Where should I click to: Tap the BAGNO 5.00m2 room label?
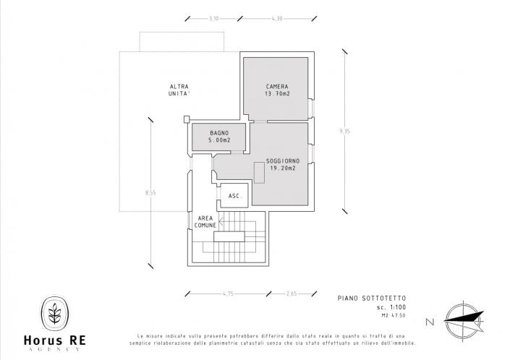coord(219,137)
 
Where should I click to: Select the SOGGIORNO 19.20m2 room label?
coord(283,163)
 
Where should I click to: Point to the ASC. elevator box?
coord(234,196)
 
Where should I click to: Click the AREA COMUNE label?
coord(205,221)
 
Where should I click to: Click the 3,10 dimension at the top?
coord(213,18)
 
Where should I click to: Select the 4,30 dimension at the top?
coord(277,18)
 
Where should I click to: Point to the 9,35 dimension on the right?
coord(345,131)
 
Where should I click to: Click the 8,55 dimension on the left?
coord(150,192)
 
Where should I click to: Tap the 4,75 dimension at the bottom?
coord(229,293)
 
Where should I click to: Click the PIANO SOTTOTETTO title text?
coord(366,298)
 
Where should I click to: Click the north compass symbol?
coord(463,320)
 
